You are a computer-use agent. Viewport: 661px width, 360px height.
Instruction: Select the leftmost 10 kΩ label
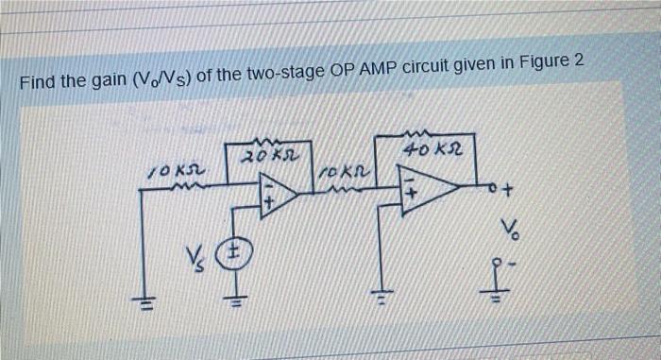tap(170, 171)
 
